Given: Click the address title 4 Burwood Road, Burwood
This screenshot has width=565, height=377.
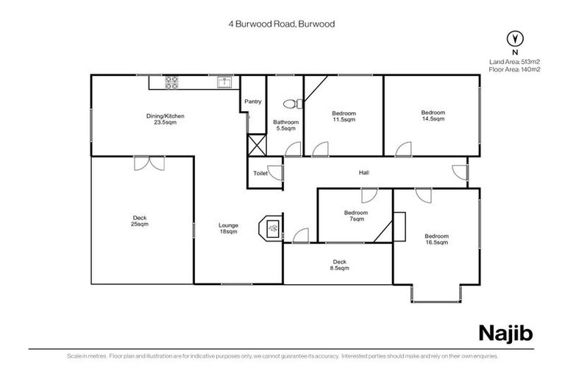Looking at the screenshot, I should (x=282, y=24).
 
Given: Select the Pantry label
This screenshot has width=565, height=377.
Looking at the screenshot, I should (x=252, y=102).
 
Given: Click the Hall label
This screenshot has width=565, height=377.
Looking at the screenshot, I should (x=363, y=173).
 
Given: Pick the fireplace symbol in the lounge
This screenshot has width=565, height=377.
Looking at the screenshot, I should (x=271, y=228).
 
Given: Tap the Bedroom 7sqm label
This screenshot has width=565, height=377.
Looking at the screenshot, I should (x=356, y=216).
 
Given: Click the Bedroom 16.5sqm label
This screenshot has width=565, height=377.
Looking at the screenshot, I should (x=436, y=239).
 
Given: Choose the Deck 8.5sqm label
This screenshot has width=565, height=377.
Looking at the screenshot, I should (x=339, y=265).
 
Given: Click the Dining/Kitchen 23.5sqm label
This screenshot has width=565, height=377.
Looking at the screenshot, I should (x=164, y=119).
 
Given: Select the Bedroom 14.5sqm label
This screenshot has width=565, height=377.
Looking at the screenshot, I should (x=433, y=116).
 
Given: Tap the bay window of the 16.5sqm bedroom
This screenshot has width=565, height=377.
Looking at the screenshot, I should (x=438, y=294).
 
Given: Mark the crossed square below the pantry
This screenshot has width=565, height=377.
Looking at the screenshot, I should (x=255, y=145).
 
